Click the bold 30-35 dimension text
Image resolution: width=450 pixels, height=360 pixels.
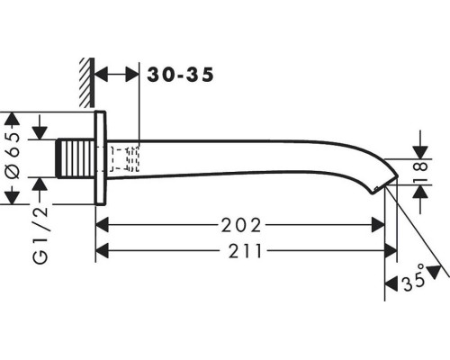[180, 75]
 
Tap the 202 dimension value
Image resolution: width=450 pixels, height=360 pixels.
[241, 226]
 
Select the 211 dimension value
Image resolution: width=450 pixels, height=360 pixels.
[246, 251]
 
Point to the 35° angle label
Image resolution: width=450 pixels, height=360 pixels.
[414, 278]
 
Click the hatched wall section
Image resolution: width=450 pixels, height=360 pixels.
[87, 82]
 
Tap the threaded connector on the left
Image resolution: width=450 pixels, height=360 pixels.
[76, 158]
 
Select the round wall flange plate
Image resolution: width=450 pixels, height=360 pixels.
[101, 158]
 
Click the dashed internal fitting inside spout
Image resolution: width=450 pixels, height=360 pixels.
[124, 158]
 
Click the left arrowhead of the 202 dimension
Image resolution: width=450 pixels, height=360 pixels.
[102, 225]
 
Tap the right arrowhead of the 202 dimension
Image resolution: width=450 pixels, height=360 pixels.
[378, 225]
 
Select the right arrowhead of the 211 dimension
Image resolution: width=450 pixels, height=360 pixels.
[391, 251]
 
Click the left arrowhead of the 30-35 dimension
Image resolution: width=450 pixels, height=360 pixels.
[101, 75]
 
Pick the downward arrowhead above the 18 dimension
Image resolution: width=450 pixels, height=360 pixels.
[420, 152]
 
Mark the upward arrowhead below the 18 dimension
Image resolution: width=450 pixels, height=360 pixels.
[420, 192]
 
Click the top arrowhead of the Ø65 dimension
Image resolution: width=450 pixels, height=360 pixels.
[12, 119]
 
